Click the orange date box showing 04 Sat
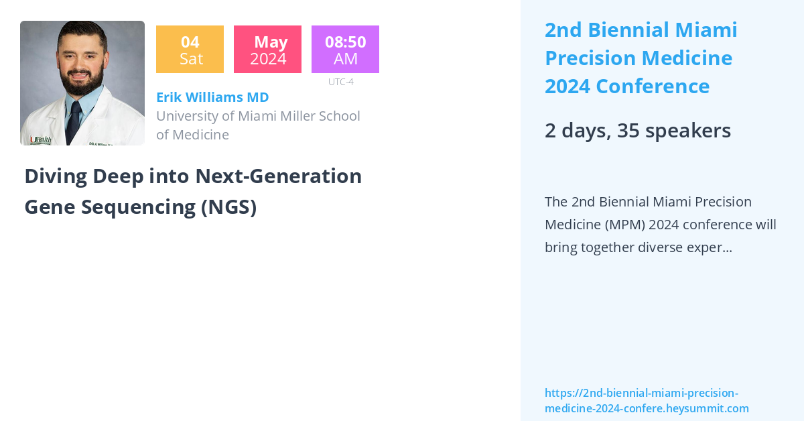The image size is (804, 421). pyautogui.click(x=190, y=50)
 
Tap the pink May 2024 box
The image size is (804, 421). pyautogui.click(x=267, y=50)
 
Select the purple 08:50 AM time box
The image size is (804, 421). pyautogui.click(x=345, y=50)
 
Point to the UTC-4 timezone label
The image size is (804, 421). pyautogui.click(x=340, y=82)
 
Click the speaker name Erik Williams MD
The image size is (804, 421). pyautogui.click(x=212, y=97)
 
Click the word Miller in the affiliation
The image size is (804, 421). pyautogui.click(x=304, y=116)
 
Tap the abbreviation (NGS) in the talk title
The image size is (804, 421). pyautogui.click(x=228, y=207)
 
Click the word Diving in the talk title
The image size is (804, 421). pyautogui.click(x=56, y=176)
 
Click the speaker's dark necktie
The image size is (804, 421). pyautogui.click(x=73, y=121)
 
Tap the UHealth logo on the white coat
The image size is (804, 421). pyautogui.click(x=40, y=139)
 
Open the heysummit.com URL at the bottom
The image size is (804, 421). pyautogui.click(x=647, y=401)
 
